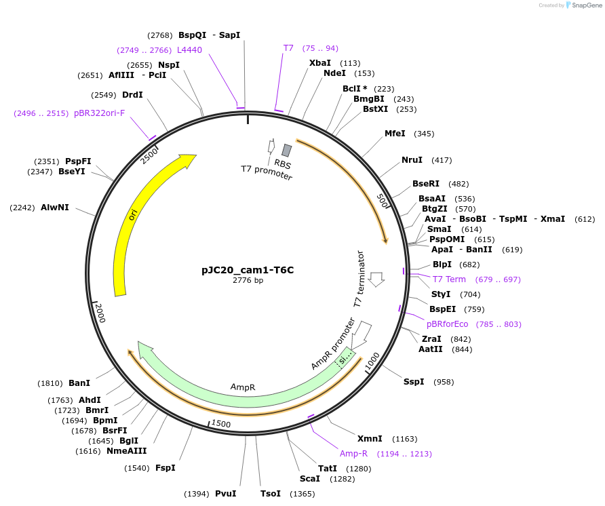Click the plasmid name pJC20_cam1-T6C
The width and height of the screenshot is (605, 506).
pyautogui.click(x=248, y=269)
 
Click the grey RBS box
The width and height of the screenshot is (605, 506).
pyautogui.click(x=287, y=151)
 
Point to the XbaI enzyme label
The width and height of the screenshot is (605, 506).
pyautogui.click(x=320, y=63)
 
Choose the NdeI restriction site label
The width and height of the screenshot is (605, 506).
pyautogui.click(x=334, y=73)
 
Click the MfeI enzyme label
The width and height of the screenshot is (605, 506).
pyautogui.click(x=395, y=134)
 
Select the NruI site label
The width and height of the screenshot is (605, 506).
pyautogui.click(x=412, y=160)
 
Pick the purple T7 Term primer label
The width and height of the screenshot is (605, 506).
pyautogui.click(x=449, y=279)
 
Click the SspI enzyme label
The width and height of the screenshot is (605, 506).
pyautogui.click(x=414, y=382)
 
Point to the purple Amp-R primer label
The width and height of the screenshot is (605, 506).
pyautogui.click(x=353, y=454)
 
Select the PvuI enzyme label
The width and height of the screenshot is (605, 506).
pyautogui.click(x=225, y=493)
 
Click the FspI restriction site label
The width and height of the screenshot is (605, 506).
pyautogui.click(x=165, y=468)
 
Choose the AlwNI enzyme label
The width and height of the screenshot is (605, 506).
pyautogui.click(x=55, y=207)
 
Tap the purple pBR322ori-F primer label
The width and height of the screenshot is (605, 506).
pyautogui.click(x=99, y=113)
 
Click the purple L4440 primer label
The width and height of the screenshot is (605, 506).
pyautogui.click(x=189, y=50)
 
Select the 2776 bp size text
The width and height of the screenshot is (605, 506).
pyautogui.click(x=248, y=280)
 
